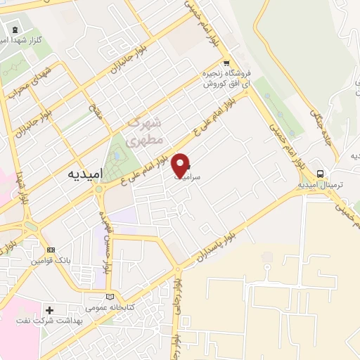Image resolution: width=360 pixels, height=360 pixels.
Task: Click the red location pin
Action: [x=181, y=165]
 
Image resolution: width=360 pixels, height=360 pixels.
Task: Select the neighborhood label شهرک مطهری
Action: [x=143, y=131]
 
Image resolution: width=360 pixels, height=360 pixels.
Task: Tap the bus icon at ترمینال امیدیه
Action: [x=320, y=173]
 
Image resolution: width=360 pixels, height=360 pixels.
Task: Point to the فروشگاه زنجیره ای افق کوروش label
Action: [x=223, y=78]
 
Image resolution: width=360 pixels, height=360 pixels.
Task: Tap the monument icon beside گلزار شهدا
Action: [x=15, y=29]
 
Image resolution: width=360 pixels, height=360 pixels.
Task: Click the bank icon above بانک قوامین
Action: [x=50, y=250]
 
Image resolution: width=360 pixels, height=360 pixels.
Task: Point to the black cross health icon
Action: [x=49, y=309]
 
